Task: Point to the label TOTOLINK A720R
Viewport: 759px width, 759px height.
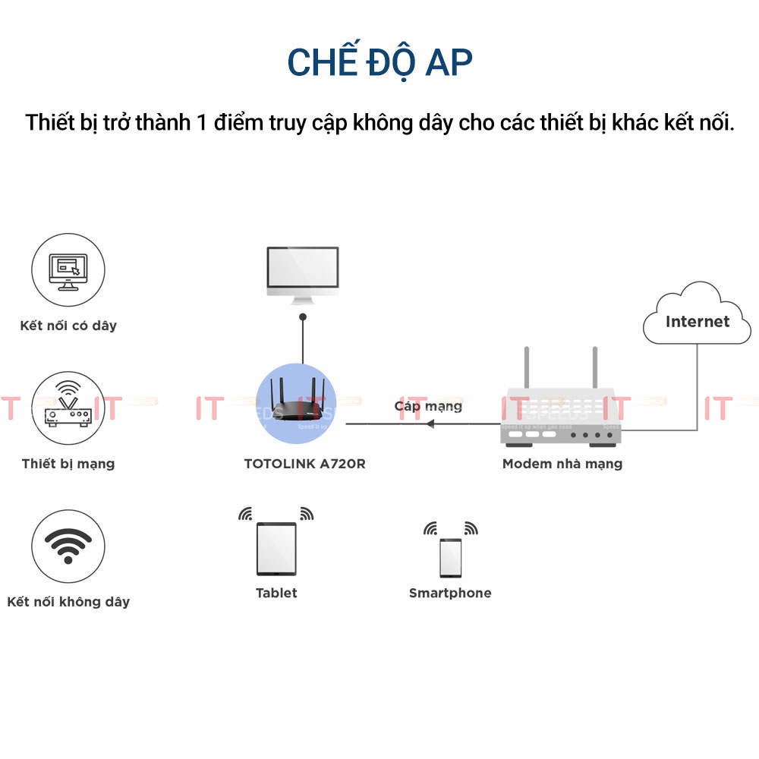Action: (304, 463)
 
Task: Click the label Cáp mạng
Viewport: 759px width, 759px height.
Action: (428, 406)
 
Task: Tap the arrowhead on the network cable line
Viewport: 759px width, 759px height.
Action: (430, 424)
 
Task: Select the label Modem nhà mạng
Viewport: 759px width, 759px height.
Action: (562, 463)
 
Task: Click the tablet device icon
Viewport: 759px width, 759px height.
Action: (276, 549)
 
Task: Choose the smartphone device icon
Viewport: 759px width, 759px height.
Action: (450, 558)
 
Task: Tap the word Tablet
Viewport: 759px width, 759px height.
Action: (276, 593)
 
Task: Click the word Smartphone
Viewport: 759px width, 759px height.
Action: (450, 593)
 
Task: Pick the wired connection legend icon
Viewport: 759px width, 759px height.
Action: (68, 269)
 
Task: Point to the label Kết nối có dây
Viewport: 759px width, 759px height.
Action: (68, 326)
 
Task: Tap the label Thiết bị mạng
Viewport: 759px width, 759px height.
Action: (68, 463)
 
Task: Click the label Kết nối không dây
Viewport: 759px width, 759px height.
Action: (68, 602)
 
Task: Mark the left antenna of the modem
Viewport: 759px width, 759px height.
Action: (525, 372)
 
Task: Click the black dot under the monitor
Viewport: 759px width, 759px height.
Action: (302, 316)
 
